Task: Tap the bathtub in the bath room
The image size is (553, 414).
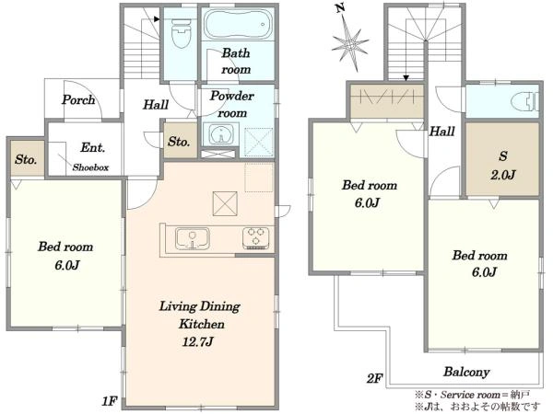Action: [239, 24]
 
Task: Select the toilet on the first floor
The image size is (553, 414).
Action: [181, 33]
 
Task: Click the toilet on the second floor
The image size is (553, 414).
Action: [524, 102]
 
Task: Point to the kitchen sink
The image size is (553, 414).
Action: [193, 238]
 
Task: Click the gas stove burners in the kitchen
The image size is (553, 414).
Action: [255, 237]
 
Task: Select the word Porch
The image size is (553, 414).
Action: [78, 100]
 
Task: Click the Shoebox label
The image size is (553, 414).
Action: [90, 167]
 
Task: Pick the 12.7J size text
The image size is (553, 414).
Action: [197, 341]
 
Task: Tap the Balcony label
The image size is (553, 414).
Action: [466, 372]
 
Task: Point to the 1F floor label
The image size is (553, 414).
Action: [110, 401]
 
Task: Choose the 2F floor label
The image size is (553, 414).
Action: [374, 378]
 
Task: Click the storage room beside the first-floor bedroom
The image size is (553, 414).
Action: [27, 158]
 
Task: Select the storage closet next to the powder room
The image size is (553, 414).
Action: [181, 140]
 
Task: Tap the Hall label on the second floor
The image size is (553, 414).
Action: [441, 132]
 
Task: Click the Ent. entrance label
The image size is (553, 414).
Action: [93, 147]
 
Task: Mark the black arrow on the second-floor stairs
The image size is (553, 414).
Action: [406, 78]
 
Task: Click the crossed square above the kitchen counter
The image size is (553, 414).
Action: [225, 203]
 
